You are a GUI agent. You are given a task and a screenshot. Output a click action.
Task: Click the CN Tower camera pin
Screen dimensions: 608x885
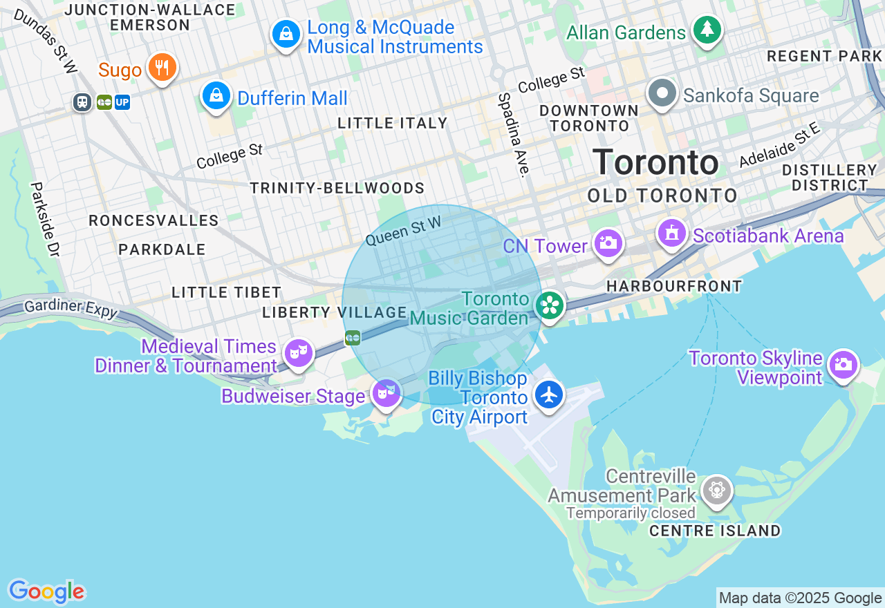(608, 243)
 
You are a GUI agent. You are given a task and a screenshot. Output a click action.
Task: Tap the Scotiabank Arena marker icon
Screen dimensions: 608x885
(671, 234)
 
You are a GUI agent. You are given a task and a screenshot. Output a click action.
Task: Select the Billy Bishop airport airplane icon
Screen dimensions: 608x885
(550, 395)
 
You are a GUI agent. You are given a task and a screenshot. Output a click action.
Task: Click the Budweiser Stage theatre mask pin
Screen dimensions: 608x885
(386, 392)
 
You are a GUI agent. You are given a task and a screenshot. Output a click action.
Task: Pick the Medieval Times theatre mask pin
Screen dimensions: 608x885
(299, 352)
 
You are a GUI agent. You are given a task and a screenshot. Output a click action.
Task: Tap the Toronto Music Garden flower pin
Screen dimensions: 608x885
(550, 305)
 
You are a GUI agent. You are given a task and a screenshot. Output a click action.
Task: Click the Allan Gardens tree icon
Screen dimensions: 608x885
(707, 30)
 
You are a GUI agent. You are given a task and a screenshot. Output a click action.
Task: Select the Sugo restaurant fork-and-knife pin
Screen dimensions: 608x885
(162, 67)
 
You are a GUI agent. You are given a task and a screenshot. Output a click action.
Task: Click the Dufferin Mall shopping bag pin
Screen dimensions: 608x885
(216, 95)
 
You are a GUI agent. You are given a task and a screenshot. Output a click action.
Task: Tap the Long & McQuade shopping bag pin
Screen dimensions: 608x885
(286, 32)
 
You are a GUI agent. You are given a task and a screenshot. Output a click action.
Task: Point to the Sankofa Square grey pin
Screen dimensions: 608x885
(662, 93)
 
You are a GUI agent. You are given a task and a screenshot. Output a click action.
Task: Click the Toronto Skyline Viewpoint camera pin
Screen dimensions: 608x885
(843, 363)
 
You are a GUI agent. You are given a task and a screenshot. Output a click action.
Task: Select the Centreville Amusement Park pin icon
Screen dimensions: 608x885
(716, 490)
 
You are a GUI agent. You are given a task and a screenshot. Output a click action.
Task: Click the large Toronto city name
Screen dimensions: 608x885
(655, 162)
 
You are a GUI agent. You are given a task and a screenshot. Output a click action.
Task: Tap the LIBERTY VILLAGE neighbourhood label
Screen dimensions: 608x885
(334, 312)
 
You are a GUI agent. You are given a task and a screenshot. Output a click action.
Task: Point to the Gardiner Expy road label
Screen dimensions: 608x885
(71, 308)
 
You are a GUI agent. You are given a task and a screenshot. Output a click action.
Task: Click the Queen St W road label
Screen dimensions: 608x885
(403, 229)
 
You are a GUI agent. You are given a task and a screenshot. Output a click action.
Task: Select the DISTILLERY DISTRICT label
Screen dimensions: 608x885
(830, 178)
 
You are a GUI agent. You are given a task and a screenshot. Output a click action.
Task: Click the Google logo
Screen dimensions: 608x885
(46, 591)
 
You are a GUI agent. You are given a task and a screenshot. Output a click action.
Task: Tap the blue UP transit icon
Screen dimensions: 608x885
(122, 102)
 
